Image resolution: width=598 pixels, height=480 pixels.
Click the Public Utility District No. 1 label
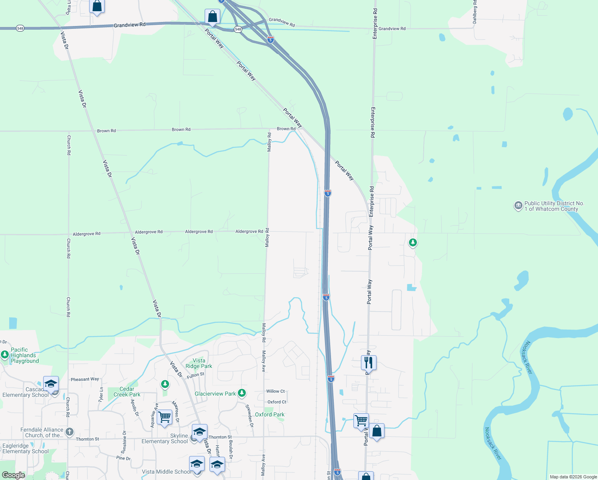(x=554, y=206)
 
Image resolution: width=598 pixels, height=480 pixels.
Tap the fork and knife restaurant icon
(x=369, y=363)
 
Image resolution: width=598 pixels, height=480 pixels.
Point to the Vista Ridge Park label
(x=199, y=363)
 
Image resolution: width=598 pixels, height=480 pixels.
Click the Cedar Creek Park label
(x=127, y=392)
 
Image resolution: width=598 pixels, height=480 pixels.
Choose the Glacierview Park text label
(x=215, y=394)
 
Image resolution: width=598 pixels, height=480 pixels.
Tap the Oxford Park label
(x=270, y=414)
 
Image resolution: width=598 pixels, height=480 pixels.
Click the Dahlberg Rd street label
(x=475, y=12)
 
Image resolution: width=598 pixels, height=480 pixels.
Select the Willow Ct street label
(x=275, y=391)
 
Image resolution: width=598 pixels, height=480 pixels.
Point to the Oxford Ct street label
(x=277, y=402)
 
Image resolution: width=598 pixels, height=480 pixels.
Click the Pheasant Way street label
(x=85, y=379)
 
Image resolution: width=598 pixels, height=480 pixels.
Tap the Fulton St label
(x=195, y=375)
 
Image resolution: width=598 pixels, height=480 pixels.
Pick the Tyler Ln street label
(x=101, y=394)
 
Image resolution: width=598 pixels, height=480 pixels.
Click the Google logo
(x=14, y=475)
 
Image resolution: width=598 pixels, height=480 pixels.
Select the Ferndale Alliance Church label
(x=42, y=432)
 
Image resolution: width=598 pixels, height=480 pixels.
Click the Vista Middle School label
(x=167, y=472)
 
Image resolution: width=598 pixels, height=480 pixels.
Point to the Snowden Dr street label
(x=249, y=416)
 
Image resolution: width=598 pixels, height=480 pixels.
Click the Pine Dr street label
(x=123, y=458)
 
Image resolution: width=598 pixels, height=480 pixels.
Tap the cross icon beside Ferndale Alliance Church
(x=70, y=432)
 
